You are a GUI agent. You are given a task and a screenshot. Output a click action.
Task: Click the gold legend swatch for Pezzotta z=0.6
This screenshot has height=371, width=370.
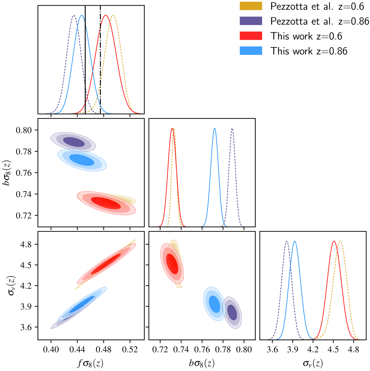click(251, 6)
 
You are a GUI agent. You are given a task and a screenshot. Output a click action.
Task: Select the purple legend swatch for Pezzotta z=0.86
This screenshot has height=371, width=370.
click(251, 21)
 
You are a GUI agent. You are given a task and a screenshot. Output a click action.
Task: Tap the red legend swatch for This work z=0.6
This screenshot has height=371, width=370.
click(251, 36)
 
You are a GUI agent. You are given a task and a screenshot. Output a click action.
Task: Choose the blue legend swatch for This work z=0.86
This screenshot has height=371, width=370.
click(251, 51)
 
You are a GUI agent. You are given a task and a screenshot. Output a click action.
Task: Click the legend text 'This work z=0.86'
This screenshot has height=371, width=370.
click(309, 51)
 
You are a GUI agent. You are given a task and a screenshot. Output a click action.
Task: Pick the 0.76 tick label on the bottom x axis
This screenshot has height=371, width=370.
click(202, 350)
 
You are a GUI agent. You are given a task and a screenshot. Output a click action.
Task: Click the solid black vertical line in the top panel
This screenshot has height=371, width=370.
click(85, 62)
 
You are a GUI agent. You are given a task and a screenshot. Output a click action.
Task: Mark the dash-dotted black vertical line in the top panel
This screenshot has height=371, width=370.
click(100, 62)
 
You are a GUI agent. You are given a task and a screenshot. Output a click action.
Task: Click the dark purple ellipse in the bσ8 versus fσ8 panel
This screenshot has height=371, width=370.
click(74, 142)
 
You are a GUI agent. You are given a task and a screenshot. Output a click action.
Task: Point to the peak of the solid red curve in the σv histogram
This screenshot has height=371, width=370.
click(334, 241)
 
